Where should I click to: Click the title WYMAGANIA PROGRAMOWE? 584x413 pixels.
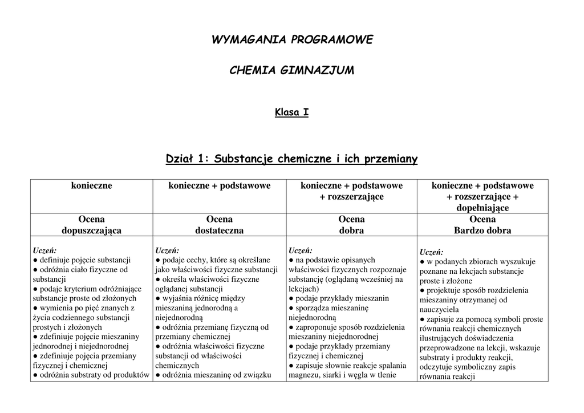(x=292, y=40)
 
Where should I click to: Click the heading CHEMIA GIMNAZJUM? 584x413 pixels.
(x=291, y=70)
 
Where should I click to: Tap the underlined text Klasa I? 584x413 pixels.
(x=291, y=112)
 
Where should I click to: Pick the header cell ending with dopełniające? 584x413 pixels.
(x=482, y=197)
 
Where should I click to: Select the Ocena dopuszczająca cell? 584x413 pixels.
(x=91, y=225)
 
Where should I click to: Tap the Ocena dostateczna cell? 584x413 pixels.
(x=219, y=225)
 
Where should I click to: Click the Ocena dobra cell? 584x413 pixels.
(x=351, y=225)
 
